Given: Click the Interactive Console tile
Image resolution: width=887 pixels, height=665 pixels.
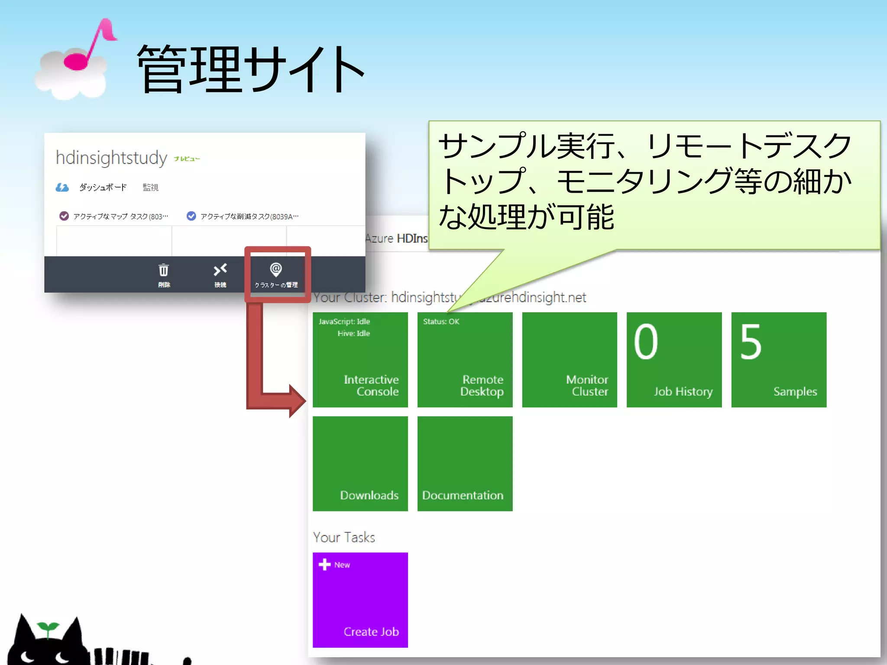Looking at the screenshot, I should tap(360, 359).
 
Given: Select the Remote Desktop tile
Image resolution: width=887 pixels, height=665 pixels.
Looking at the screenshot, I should tap(465, 359).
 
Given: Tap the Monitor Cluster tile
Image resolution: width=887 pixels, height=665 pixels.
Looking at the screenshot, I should tap(569, 359).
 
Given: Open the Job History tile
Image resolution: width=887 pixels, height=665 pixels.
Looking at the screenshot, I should tap(674, 359).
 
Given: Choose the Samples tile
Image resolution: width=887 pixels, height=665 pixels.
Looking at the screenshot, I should tap(779, 359).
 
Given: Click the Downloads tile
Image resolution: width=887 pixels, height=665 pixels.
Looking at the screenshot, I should tap(360, 463).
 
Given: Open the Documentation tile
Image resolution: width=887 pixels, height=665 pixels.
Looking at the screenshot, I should tap(465, 463).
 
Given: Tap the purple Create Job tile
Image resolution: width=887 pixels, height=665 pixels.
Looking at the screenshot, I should tap(360, 600).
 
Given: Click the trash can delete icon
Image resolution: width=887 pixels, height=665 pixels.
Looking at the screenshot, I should tap(164, 271).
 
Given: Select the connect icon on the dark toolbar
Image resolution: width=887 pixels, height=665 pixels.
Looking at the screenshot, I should tap(220, 271).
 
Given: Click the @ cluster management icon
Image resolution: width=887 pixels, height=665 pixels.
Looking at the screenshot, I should tap(276, 270).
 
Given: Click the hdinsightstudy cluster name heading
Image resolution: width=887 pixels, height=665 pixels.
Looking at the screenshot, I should tap(111, 158).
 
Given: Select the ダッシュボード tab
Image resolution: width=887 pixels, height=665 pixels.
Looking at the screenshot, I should tap(103, 187).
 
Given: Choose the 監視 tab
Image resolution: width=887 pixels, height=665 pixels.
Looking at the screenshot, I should tap(150, 187).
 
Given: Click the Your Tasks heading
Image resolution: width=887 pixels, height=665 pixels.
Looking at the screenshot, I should tap(344, 537).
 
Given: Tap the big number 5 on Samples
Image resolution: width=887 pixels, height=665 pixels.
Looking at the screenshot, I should tap(751, 342).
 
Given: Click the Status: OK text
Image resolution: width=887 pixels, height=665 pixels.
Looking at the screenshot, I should tap(441, 322).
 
